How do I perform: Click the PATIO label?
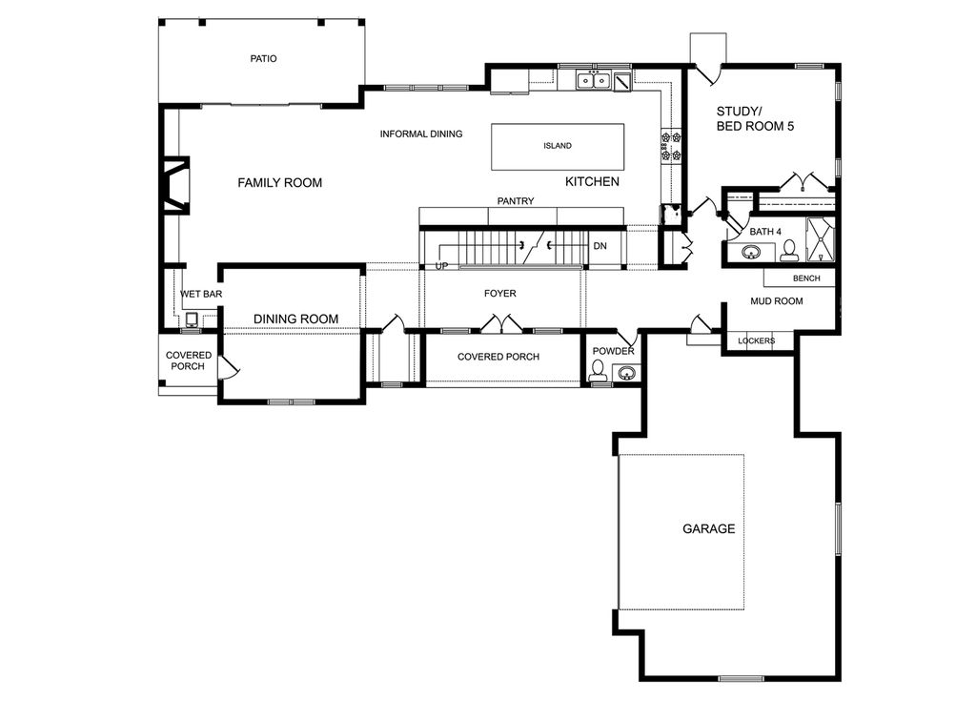tap(263, 58)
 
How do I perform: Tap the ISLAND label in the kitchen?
tap(557, 146)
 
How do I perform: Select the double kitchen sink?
tap(593, 80)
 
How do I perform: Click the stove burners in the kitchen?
tap(671, 145)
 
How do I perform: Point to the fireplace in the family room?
tap(174, 186)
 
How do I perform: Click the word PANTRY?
tap(516, 201)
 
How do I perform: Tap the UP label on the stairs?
tap(441, 266)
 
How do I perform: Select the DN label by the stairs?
tap(600, 246)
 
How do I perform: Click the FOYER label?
tap(499, 293)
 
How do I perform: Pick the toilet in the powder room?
tap(598, 370)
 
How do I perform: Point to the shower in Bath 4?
tap(821, 239)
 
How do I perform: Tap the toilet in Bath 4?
tap(789, 250)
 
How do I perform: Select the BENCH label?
tap(806, 278)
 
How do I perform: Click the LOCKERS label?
tap(756, 340)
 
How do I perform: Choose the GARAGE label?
tap(708, 528)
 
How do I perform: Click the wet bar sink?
tap(192, 319)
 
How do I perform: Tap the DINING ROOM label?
tap(295, 319)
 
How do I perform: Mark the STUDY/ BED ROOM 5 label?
tap(755, 119)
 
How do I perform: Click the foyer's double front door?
tap(500, 324)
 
